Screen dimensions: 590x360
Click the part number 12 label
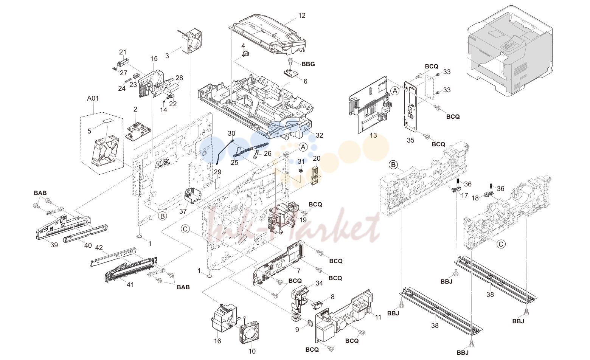301,16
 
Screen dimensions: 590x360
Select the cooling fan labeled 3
191,42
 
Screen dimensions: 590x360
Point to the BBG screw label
308,64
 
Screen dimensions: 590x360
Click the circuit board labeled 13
370,106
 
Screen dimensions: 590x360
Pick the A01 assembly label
93,98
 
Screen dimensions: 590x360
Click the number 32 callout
319,135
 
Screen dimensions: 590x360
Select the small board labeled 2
138,130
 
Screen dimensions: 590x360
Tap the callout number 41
130,285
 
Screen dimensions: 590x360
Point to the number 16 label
217,341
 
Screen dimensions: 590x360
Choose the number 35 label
410,140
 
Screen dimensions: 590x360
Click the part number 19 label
303,220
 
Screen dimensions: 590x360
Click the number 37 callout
183,211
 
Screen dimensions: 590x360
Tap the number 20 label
317,158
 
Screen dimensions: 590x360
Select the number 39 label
54,245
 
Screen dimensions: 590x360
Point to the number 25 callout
234,163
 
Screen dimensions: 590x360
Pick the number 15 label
154,59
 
